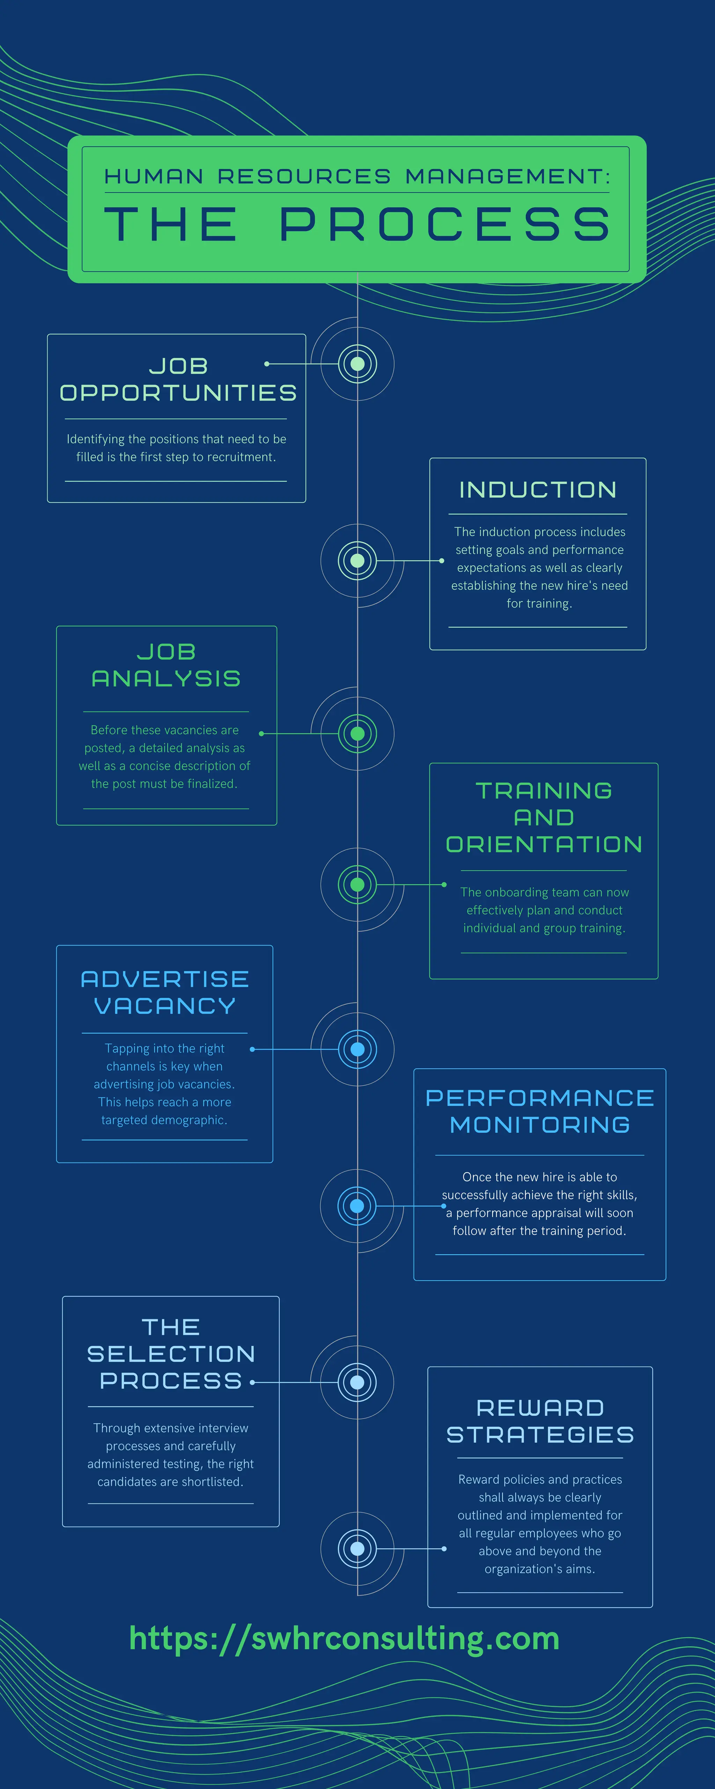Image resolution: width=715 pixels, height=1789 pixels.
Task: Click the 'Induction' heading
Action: point(538,490)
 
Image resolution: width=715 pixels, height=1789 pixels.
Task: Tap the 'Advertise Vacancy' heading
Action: point(164,992)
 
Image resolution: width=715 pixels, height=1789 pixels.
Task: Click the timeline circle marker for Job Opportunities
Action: point(357,364)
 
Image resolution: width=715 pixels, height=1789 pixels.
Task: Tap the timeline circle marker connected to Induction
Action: point(357,560)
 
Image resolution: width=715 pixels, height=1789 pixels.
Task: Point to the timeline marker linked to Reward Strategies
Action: point(357,1549)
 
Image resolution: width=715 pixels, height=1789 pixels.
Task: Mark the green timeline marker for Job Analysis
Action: point(357,733)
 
